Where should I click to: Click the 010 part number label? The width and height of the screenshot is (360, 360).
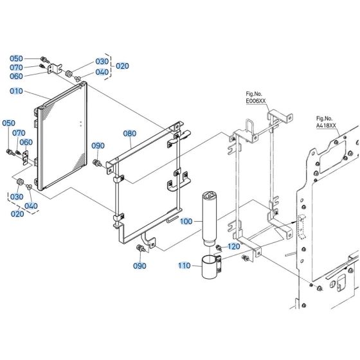[x=16, y=91]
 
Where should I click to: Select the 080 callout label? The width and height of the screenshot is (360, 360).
[x=130, y=134]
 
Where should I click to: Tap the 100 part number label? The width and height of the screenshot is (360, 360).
[x=186, y=221]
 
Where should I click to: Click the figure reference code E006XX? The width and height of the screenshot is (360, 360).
[x=256, y=101]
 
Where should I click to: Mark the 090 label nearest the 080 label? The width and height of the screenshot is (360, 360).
[x=98, y=146]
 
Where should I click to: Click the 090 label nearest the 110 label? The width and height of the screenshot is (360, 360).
[x=139, y=265]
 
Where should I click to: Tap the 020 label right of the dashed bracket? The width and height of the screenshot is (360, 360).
[x=122, y=66]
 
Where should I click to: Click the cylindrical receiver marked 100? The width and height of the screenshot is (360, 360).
[x=210, y=215]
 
